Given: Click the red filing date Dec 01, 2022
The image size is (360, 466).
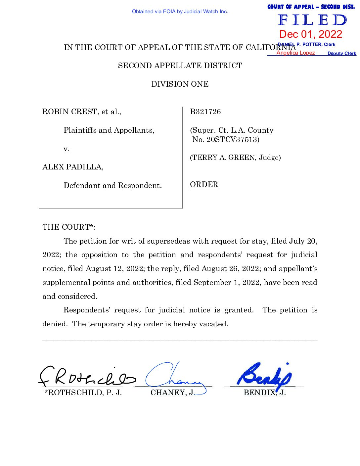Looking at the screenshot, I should [x=310, y=34].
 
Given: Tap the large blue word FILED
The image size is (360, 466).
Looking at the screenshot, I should [x=312, y=21].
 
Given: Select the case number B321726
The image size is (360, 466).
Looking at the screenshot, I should [x=205, y=112].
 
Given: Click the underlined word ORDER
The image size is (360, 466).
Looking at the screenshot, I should [x=204, y=184].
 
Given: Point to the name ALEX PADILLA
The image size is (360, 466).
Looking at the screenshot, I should [x=72, y=167].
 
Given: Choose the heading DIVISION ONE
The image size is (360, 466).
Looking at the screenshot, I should [x=180, y=84].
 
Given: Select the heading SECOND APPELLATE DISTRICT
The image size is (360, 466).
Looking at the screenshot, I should [x=180, y=66].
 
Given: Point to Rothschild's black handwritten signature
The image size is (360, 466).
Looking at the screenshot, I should [x=87, y=378].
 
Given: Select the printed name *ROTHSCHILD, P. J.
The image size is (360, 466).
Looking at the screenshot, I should [x=83, y=393].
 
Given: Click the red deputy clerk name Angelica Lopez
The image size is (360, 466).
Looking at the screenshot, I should [x=295, y=53].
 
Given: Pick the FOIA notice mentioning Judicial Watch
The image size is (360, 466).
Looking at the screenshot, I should [x=180, y=12].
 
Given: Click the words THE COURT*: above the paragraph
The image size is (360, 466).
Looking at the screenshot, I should [x=69, y=227].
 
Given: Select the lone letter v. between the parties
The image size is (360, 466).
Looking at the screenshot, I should [x=67, y=149].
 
